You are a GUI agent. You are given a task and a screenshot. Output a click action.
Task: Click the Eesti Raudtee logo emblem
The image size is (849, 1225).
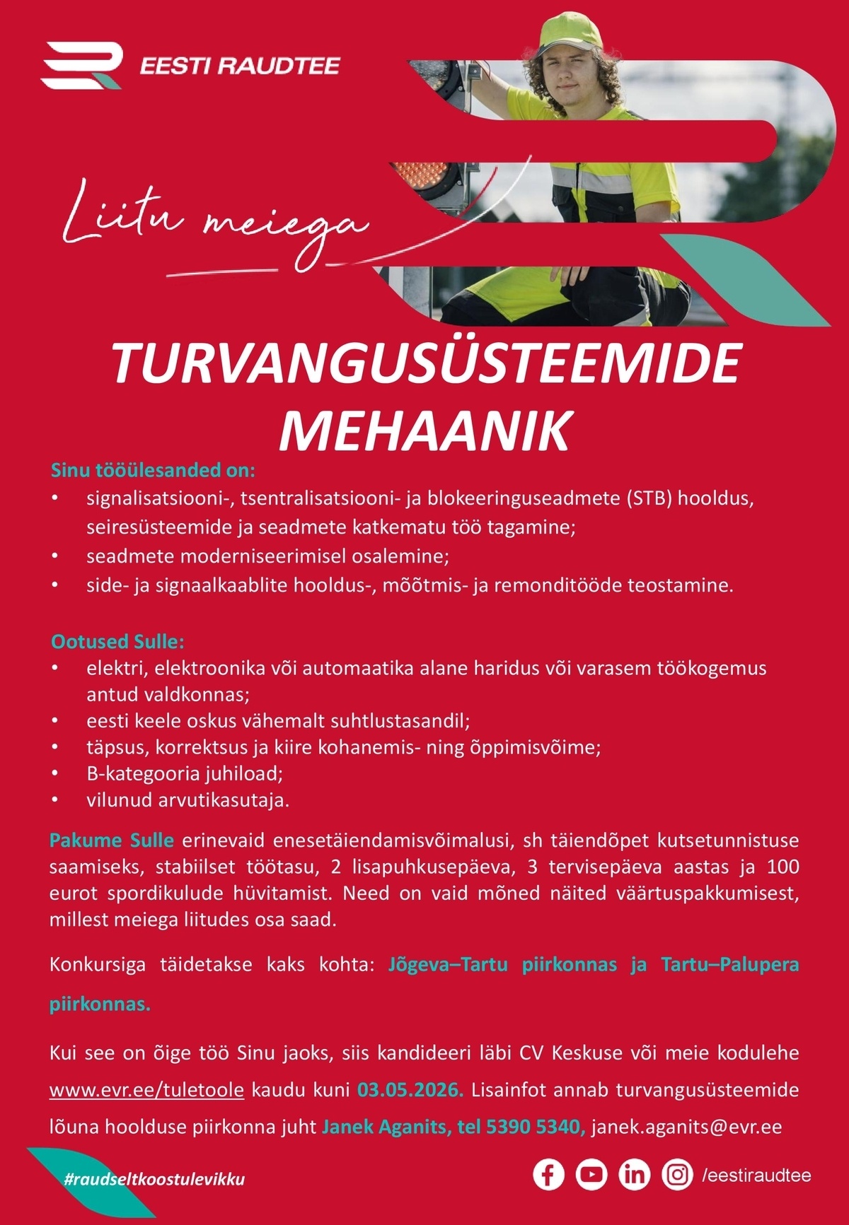click(x=82, y=65)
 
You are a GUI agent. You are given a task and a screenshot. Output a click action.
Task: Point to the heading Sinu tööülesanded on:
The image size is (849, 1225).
click(x=153, y=470)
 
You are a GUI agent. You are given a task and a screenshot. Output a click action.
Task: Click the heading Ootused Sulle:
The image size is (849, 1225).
click(x=117, y=642)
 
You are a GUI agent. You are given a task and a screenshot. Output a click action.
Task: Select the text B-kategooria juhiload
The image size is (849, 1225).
click(x=184, y=773)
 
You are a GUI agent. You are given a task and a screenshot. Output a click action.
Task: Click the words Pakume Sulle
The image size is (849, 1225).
click(x=111, y=840)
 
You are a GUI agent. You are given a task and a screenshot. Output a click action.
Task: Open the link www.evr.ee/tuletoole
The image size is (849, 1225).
click(x=146, y=1089)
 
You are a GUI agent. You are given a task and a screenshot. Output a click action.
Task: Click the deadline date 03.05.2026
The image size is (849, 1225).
click(x=410, y=1089)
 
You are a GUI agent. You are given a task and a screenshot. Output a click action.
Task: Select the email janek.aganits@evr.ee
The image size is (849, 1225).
click(x=686, y=1126)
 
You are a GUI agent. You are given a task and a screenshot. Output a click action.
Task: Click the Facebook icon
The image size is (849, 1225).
click(x=548, y=1175)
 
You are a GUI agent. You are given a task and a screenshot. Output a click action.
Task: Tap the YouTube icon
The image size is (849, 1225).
click(x=591, y=1175)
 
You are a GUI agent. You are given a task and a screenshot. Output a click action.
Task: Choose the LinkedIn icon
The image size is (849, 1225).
click(x=635, y=1175)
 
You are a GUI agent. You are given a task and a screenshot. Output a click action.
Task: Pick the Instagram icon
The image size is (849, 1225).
click(x=677, y=1175)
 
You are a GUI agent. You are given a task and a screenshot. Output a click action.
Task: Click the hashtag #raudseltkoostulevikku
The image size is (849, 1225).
click(x=154, y=1179)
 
